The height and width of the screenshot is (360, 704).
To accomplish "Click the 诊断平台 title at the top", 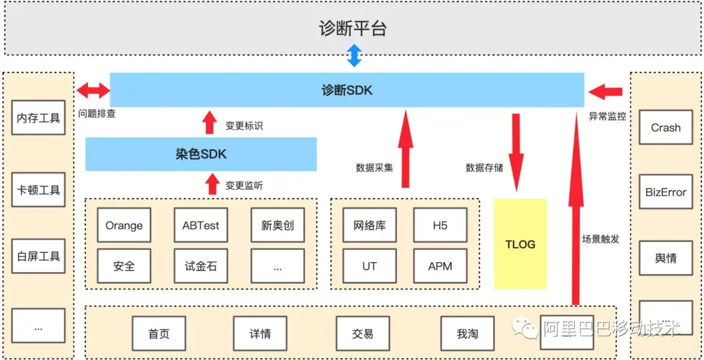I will (x=352, y=29).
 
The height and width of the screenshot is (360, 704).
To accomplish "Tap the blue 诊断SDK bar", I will (x=347, y=90).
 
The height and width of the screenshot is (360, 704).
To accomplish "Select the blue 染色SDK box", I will (x=201, y=154).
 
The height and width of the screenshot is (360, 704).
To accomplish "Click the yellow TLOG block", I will (x=520, y=244).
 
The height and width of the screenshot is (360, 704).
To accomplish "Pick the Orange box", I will (x=124, y=226).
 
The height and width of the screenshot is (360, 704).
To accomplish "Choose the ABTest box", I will (x=201, y=226).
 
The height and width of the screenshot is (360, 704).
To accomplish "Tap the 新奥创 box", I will (x=278, y=226).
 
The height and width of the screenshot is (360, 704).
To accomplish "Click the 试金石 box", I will (x=201, y=266).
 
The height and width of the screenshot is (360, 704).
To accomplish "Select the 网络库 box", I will (x=369, y=226).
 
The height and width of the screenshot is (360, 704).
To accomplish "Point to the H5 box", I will (x=440, y=226).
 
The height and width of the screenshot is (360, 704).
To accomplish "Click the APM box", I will (x=440, y=266).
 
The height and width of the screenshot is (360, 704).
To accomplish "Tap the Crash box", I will (x=666, y=128).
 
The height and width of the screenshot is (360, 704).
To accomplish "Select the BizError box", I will (x=666, y=192).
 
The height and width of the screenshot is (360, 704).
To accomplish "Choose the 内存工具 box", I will (x=38, y=118).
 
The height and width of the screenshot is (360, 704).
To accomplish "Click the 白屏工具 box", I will (x=38, y=256).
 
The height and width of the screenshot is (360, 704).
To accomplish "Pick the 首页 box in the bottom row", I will (x=159, y=334).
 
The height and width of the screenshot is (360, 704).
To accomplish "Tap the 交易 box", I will (x=362, y=334).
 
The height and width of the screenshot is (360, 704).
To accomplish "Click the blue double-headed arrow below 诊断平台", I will (x=353, y=55).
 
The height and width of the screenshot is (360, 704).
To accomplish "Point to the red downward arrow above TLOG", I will (x=516, y=151).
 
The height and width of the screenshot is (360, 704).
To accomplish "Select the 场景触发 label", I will (x=600, y=239).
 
